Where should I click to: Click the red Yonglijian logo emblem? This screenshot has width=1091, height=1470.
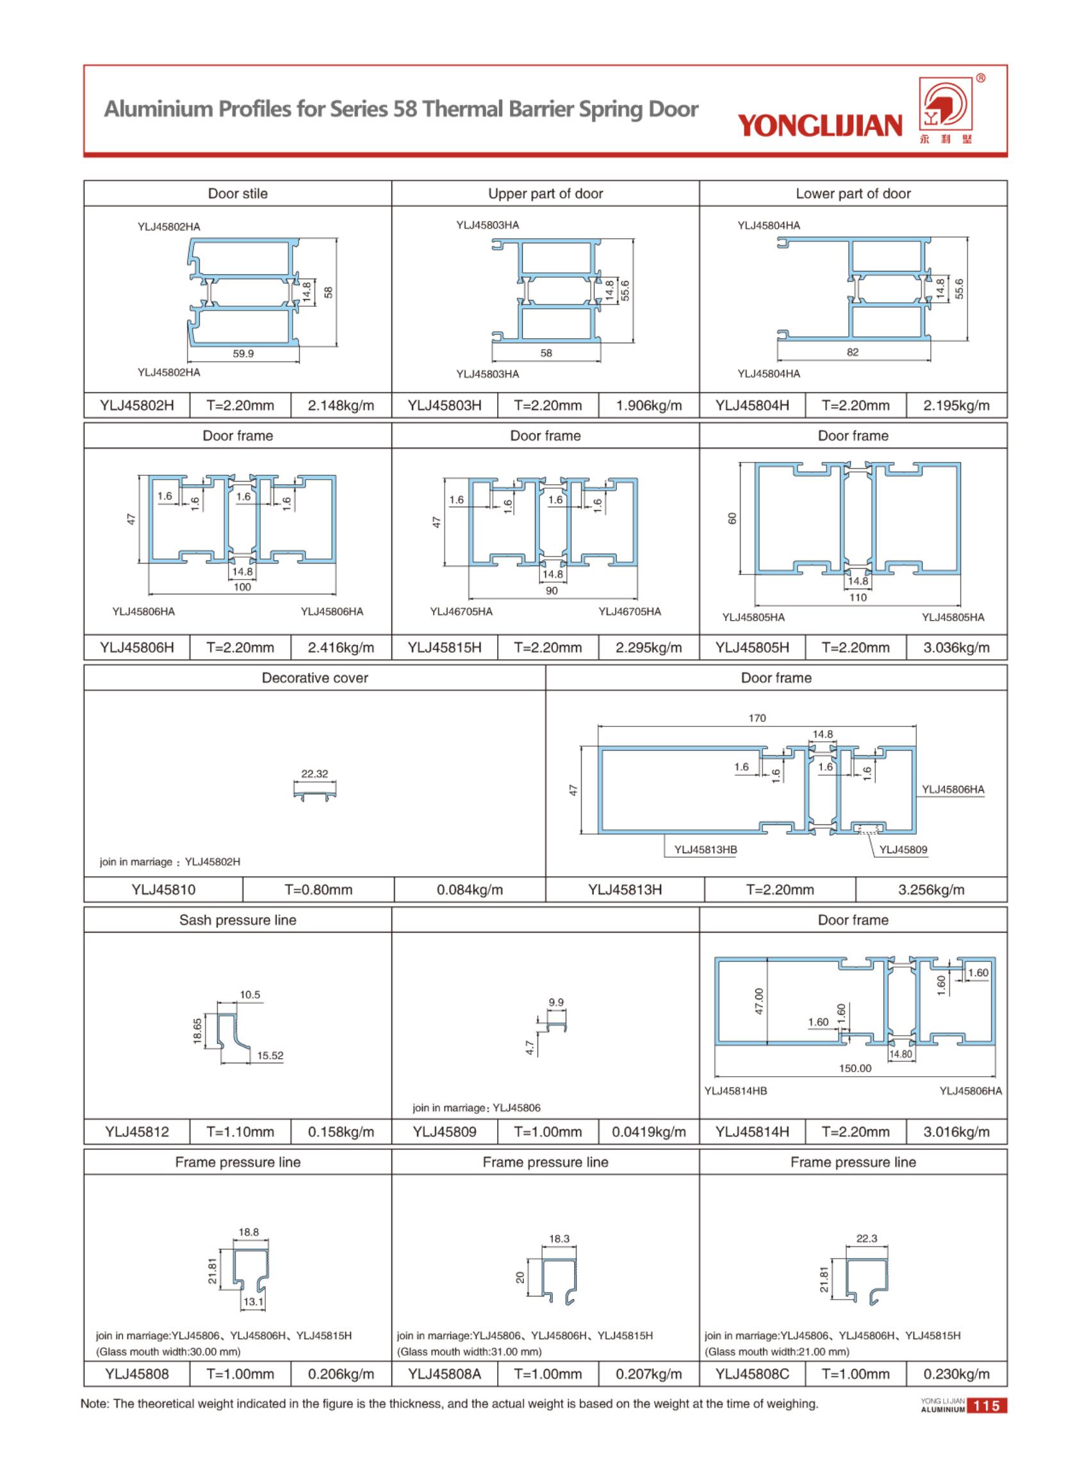[946, 105]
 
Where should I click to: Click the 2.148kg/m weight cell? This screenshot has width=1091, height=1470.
[341, 405]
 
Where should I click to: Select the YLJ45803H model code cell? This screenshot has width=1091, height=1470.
[445, 405]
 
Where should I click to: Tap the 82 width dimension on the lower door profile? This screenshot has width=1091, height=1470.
[853, 353]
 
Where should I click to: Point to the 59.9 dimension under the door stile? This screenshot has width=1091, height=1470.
[243, 354]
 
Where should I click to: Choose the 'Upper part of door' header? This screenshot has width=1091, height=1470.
[546, 193]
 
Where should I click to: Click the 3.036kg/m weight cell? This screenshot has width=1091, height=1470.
[956, 648]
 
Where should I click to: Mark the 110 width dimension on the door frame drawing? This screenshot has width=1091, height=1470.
[858, 597]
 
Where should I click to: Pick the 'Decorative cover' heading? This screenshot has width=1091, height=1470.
[315, 678]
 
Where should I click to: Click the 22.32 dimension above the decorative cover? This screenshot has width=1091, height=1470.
[315, 774]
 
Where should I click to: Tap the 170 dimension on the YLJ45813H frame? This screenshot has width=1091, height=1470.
[757, 718]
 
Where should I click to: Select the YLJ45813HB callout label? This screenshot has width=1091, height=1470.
[705, 850]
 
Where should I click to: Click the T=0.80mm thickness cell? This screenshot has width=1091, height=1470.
[318, 890]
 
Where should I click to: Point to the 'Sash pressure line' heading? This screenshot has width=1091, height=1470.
[238, 920]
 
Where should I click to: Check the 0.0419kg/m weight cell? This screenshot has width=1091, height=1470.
[648, 1132]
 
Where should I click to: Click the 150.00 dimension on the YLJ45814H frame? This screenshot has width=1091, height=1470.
[855, 1068]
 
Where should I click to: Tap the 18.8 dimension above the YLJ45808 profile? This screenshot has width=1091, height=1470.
[249, 1232]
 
